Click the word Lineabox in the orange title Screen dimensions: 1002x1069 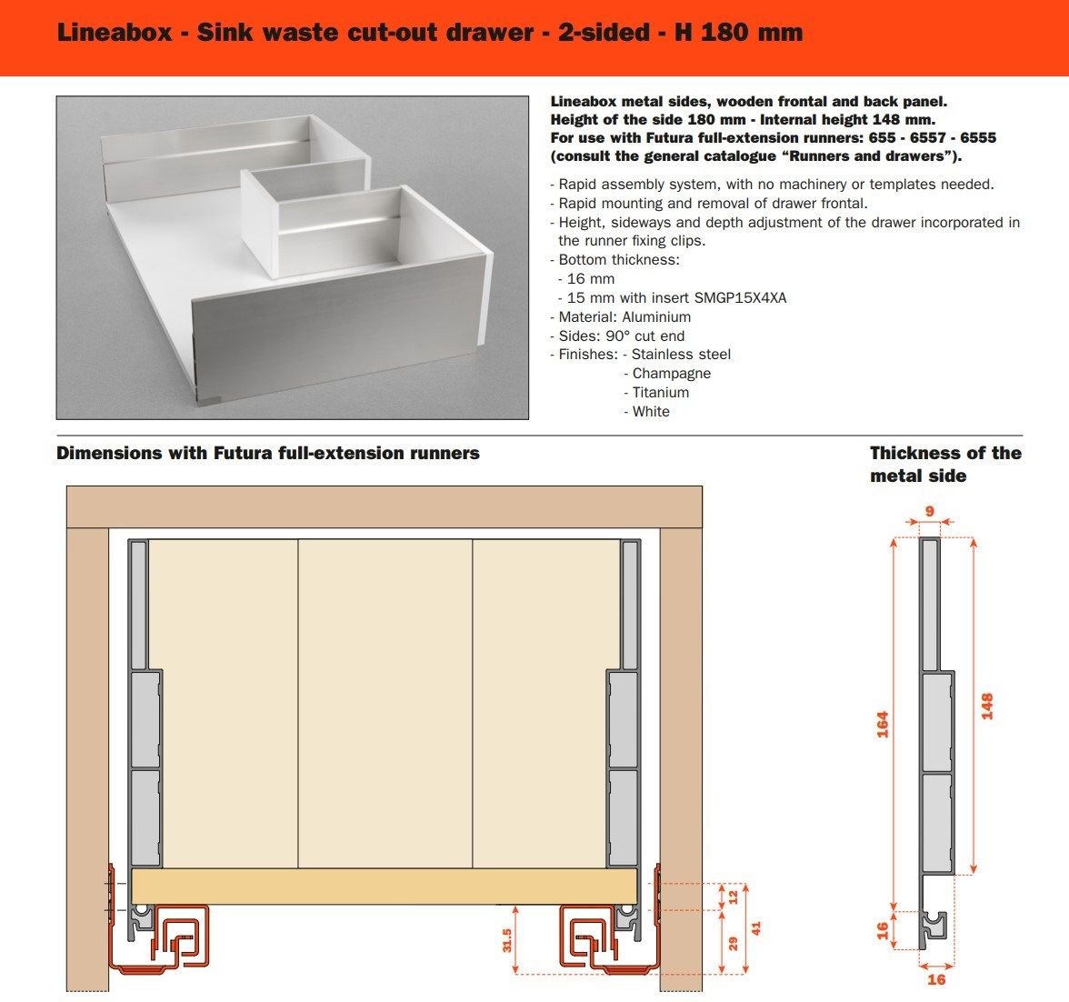[x=114, y=34]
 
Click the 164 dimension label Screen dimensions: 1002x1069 [x=883, y=724]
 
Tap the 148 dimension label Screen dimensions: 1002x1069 [x=987, y=706]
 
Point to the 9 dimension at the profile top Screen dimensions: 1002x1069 [x=930, y=511]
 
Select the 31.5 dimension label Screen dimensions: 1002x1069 [x=507, y=940]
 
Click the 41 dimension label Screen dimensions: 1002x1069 [x=755, y=928]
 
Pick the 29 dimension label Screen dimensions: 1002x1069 [x=734, y=944]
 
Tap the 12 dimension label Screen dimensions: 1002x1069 [x=734, y=897]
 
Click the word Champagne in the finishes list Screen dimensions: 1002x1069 [x=672, y=374]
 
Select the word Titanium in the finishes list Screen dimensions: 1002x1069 [x=661, y=393]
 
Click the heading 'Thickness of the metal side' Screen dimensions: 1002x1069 [x=945, y=464]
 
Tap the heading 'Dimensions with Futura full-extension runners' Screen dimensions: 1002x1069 [x=268, y=453]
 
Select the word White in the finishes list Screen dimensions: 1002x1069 [x=651, y=412]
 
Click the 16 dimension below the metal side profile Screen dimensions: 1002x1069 [x=936, y=979]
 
